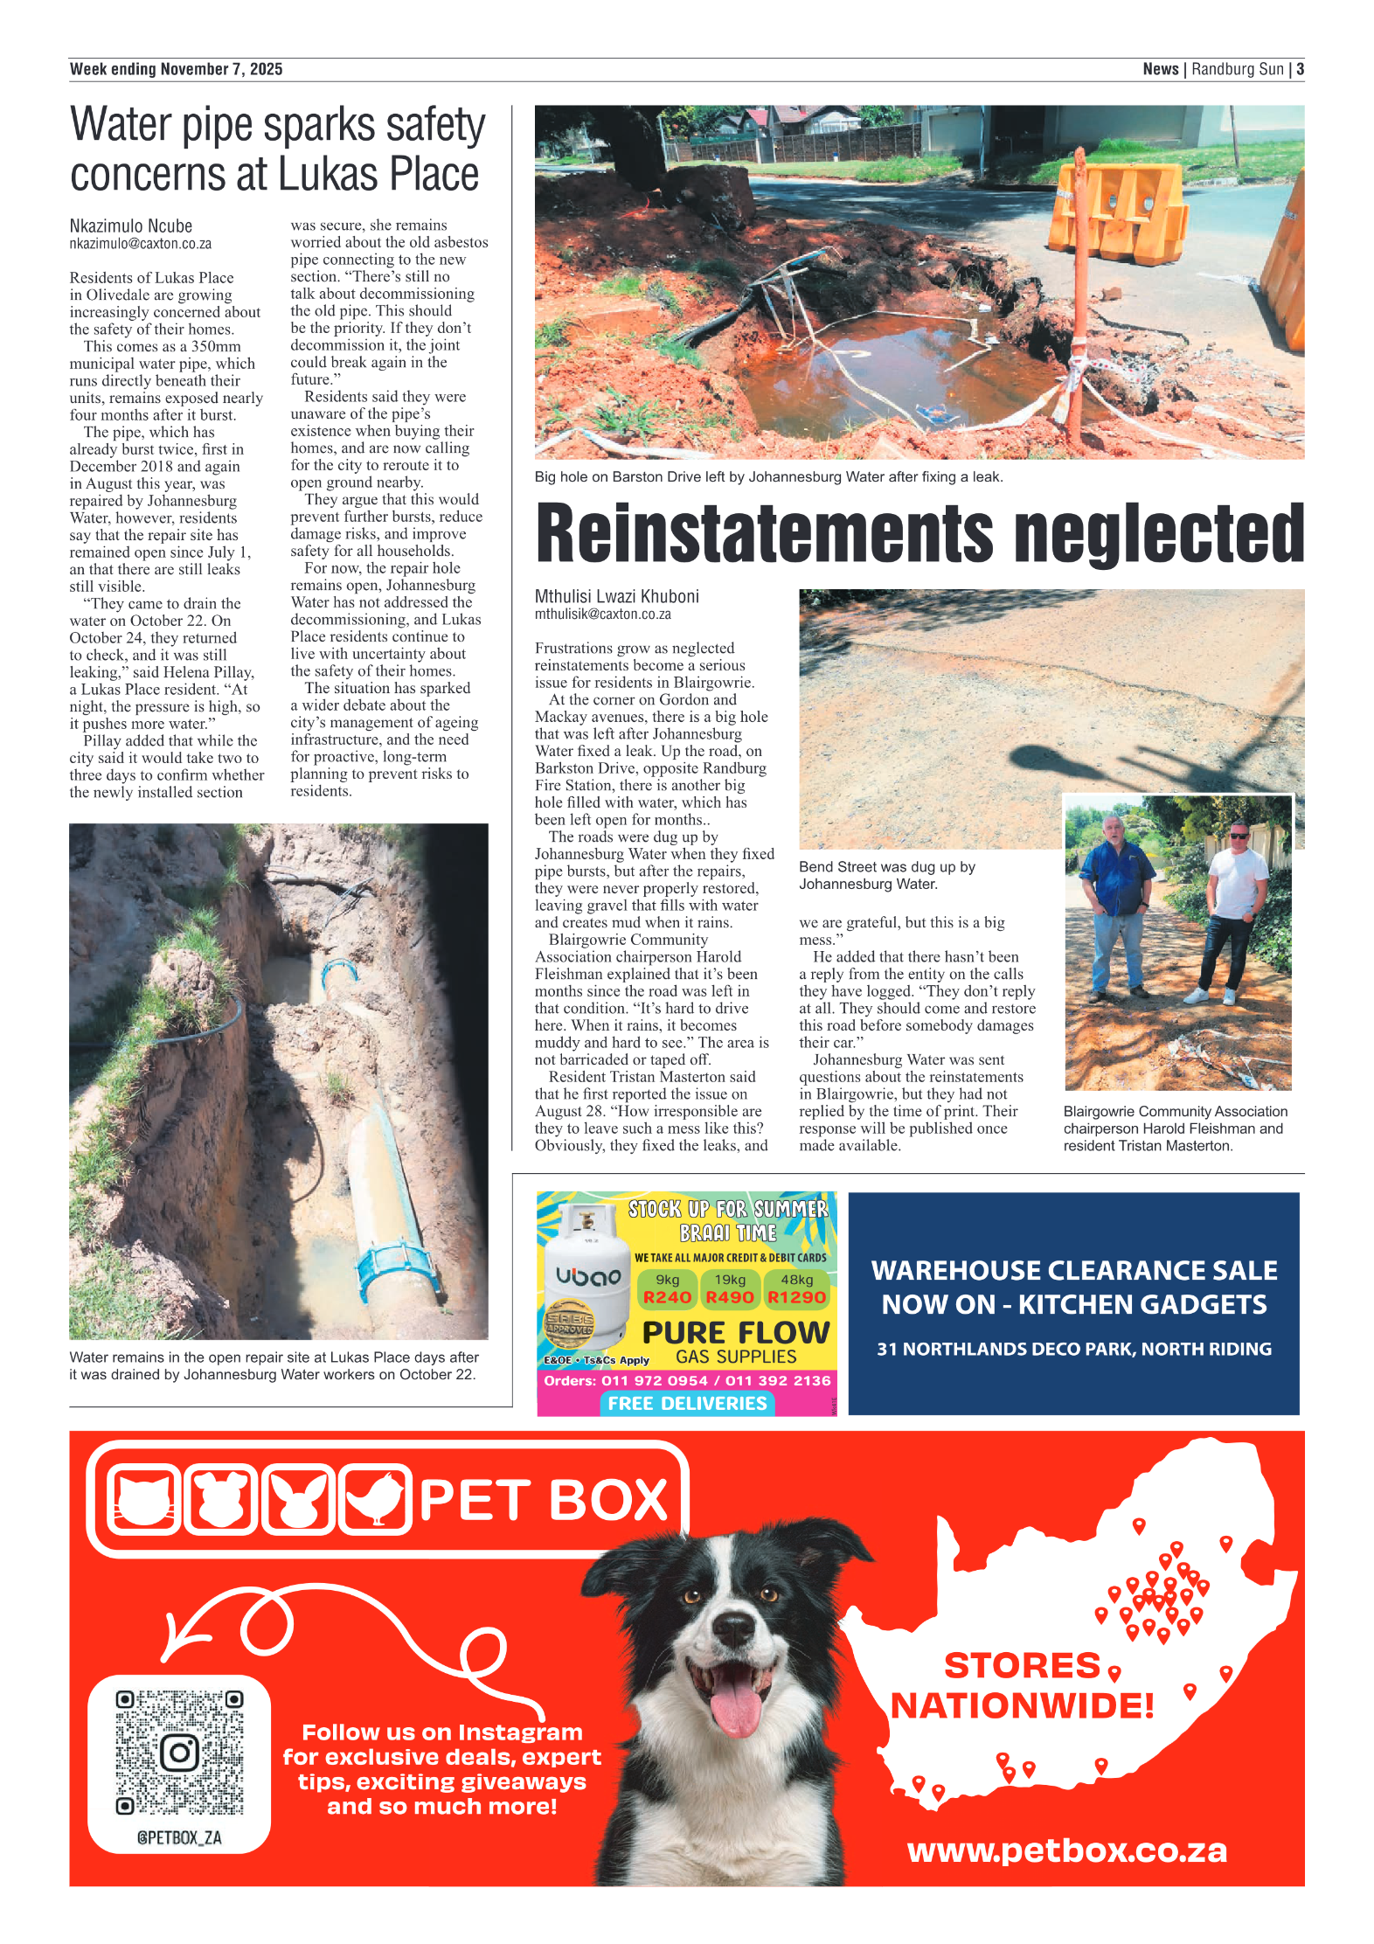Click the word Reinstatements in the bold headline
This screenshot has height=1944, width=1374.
click(765, 533)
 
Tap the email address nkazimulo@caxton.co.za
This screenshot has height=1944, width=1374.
click(141, 244)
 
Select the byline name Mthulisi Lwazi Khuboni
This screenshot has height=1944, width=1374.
click(617, 596)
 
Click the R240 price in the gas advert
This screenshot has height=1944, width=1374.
click(667, 1297)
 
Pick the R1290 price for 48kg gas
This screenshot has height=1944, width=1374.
click(796, 1297)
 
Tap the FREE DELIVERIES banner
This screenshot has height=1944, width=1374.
click(687, 1403)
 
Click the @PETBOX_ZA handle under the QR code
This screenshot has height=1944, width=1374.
click(179, 1837)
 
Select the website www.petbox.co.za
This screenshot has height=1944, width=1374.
click(1067, 1850)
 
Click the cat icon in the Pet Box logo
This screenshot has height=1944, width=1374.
click(144, 1499)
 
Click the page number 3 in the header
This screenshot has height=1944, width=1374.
click(1300, 69)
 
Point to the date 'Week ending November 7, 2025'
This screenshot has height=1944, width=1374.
click(176, 69)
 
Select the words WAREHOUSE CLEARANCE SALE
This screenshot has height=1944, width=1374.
click(1074, 1270)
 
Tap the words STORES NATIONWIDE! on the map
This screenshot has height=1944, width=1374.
click(1022, 1685)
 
